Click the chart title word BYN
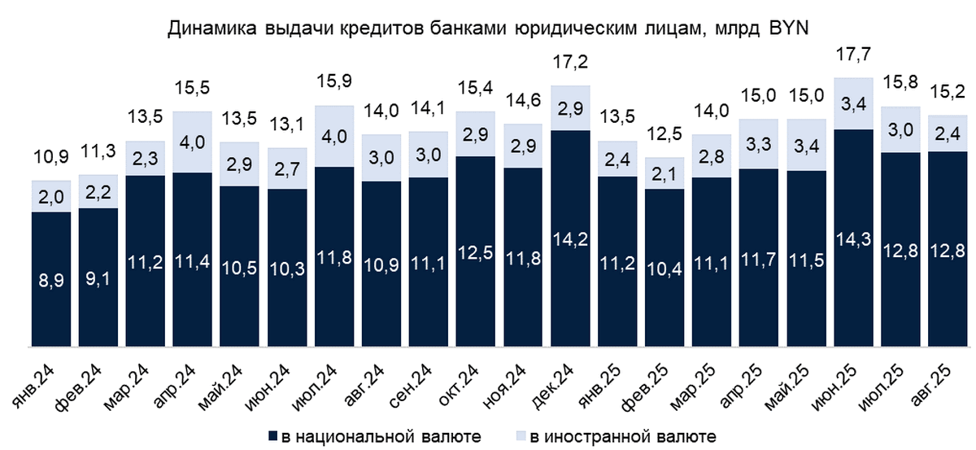[786, 30]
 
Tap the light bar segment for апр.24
[193, 142]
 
